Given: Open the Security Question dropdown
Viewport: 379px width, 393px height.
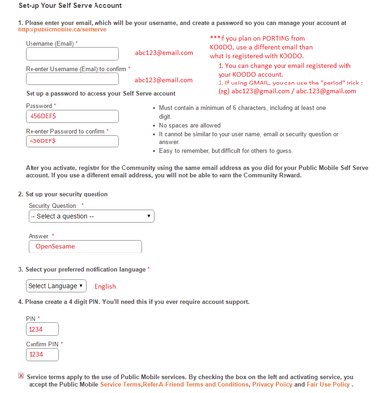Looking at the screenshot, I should pyautogui.click(x=90, y=216).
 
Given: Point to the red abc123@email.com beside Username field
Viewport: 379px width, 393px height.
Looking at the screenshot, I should pyautogui.click(x=163, y=53).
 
